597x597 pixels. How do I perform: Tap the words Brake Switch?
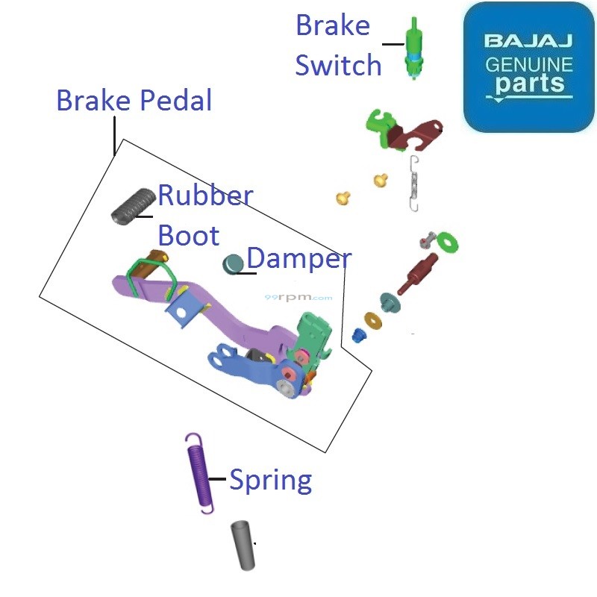point(338,46)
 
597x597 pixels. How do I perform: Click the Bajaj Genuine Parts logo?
point(528,67)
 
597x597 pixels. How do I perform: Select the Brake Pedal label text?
point(134,100)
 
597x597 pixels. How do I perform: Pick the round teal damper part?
point(234,263)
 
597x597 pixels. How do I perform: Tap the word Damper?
point(298,259)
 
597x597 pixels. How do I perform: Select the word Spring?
point(270,479)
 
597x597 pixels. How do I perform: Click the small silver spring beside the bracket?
point(415,184)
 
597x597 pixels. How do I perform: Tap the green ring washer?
point(448,242)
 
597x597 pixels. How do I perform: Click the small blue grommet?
point(359,335)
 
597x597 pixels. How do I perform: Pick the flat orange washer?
point(372,319)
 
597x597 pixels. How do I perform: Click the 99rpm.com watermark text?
point(298,297)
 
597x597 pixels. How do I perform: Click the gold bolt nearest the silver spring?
point(381,180)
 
